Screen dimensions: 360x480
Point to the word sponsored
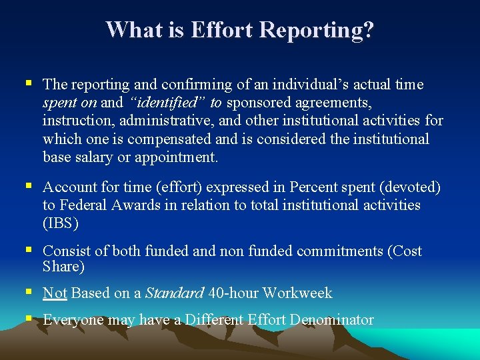point(259,103)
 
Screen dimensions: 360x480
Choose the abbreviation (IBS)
point(61,223)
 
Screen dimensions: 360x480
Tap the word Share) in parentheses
point(63,267)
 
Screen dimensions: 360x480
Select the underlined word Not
point(55,293)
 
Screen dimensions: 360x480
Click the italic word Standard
point(174,293)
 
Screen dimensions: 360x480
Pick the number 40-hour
point(233,293)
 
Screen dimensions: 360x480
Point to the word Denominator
point(331,320)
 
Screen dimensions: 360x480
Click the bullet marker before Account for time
point(28,187)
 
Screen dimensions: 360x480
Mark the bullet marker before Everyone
point(28,319)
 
